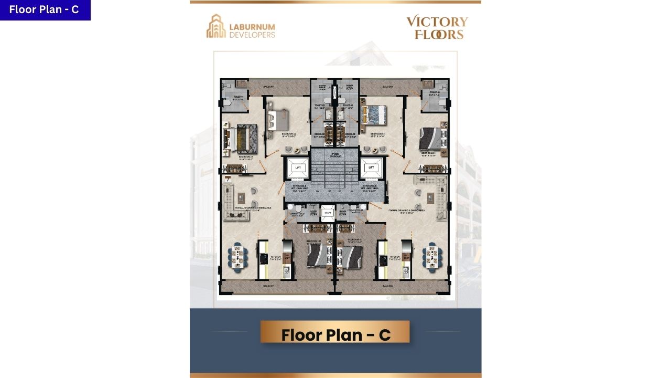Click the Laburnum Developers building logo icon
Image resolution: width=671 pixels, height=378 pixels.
coord(215,26)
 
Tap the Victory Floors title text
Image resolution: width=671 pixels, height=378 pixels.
coord(437,28)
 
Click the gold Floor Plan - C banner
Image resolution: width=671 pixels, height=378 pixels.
coord(335,333)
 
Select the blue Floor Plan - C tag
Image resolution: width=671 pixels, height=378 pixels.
coord(45,10)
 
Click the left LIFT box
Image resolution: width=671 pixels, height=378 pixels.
coord(298,167)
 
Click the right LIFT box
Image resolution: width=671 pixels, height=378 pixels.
coord(371,167)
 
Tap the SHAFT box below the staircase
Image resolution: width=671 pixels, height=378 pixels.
coord(328,213)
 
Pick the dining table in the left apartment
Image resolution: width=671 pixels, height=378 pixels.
coord(239,257)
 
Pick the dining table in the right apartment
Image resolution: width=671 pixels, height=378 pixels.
coord(432,257)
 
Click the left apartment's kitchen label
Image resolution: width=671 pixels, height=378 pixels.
coord(276,258)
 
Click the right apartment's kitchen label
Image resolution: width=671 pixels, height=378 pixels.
coord(395,258)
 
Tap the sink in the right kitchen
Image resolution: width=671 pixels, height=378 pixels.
coord(406,271)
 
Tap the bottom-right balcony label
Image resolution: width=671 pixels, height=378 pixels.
coord(388,286)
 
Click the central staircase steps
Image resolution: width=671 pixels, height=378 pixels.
coord(335,173)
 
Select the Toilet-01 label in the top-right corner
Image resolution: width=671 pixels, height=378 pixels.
coord(434,93)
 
